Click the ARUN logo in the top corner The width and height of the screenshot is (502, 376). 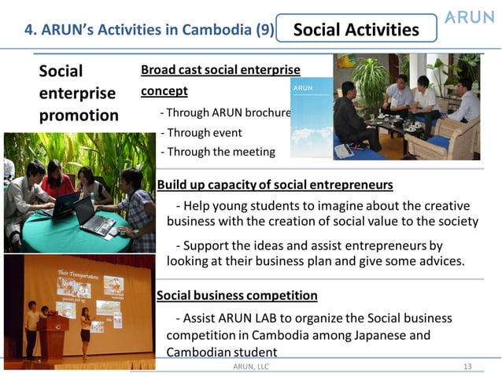click(470, 17)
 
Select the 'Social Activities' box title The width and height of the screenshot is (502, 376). click(356, 30)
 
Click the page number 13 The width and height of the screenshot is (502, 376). click(467, 366)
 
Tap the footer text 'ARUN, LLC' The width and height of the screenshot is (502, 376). click(251, 366)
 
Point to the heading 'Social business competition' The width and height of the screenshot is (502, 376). click(237, 296)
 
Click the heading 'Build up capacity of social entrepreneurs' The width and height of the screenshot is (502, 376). click(275, 185)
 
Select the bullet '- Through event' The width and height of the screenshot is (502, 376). click(201, 132)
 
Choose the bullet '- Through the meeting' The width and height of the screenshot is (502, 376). click(217, 151)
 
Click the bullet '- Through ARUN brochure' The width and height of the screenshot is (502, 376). click(225, 112)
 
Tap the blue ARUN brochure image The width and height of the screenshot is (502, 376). click(311, 118)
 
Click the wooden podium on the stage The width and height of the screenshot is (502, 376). click(54, 334)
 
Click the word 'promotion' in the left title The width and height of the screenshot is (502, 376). click(79, 116)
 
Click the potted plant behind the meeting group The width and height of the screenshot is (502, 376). click(371, 79)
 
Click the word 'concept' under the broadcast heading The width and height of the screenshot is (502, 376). click(164, 90)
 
